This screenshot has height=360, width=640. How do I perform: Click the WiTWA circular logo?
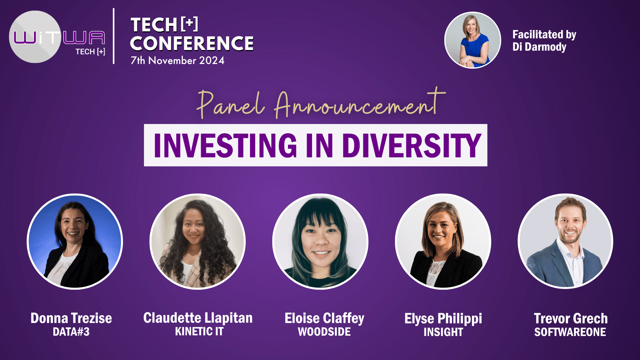pyautogui.click(x=35, y=37)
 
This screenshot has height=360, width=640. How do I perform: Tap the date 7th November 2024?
pyautogui.click(x=177, y=60)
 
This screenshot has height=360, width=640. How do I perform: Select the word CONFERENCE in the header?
pyautogui.click(x=192, y=43)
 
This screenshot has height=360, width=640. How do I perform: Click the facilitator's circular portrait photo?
pyautogui.click(x=472, y=40)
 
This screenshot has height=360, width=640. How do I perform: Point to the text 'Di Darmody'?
pyautogui.click(x=539, y=47)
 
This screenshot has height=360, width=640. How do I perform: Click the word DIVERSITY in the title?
pyautogui.click(x=412, y=145)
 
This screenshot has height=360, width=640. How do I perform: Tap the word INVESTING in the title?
pyautogui.click(x=225, y=145)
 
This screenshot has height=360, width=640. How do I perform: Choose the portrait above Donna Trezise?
pyautogui.click(x=75, y=241)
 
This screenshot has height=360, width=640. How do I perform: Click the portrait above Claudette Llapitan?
pyautogui.click(x=197, y=241)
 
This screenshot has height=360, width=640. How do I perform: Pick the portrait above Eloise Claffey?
pyautogui.click(x=320, y=241)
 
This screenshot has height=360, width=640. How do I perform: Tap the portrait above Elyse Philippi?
pyautogui.click(x=443, y=241)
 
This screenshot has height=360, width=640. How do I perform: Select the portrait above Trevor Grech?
pyautogui.click(x=566, y=241)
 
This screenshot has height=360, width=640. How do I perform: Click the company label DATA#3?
pyautogui.click(x=71, y=332)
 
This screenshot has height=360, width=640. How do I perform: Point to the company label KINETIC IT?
pyautogui.click(x=199, y=332)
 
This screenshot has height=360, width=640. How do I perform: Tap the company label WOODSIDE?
pyautogui.click(x=324, y=332)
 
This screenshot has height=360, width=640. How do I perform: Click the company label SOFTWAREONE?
pyautogui.click(x=570, y=332)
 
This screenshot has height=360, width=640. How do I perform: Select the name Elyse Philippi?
pyautogui.click(x=443, y=319)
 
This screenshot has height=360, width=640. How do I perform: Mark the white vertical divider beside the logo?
pyautogui.click(x=114, y=36)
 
